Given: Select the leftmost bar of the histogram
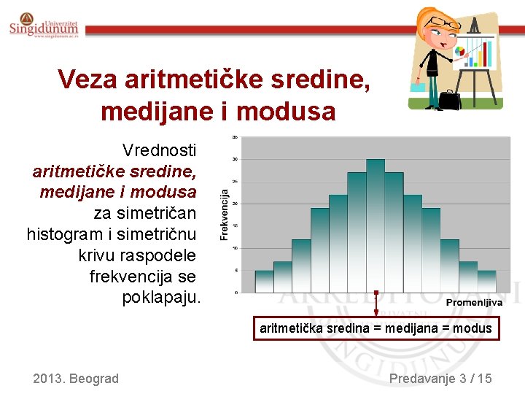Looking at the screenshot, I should pos(264,282).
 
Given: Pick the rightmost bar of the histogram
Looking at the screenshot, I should pos(486,282).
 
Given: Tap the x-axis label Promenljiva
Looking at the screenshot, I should pos(474,303).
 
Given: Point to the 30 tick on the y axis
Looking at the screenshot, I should pos(234,159).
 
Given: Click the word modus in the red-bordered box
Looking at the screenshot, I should pos(472,328).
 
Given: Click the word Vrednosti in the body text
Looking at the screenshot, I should pos(159,150).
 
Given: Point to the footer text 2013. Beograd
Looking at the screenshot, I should pos(76,378).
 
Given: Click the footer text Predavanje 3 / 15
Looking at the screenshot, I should pos(440,378).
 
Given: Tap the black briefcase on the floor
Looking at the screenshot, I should pos(449,100).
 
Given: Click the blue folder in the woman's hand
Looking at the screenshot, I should pos(418,87).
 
